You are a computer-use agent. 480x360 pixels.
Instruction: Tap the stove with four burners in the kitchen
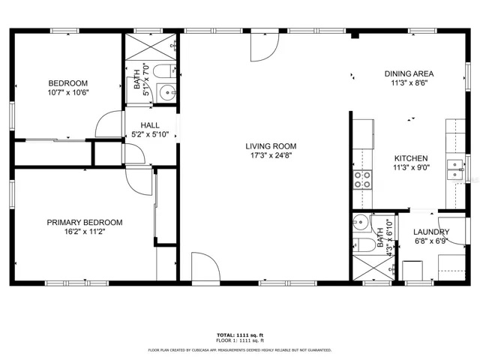[x=362, y=178]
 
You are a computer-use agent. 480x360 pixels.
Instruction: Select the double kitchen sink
[x=454, y=170]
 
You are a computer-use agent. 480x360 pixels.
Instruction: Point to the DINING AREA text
[x=409, y=73]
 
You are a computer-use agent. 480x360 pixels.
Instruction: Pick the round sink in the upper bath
[x=166, y=94]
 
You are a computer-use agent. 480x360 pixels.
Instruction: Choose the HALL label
[x=150, y=126]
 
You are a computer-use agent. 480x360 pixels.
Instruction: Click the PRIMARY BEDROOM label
[x=84, y=222]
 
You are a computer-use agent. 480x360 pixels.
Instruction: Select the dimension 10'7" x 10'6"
[x=68, y=92]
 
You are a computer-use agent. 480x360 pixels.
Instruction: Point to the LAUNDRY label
[x=431, y=232]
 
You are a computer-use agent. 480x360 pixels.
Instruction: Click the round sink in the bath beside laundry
[x=361, y=223]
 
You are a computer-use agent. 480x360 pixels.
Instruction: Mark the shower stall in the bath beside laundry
[x=372, y=268]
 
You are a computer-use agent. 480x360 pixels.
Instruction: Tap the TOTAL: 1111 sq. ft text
[x=240, y=335]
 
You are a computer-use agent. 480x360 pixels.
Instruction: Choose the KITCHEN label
[x=412, y=158]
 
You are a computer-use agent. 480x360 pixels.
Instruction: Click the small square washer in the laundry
[x=413, y=269]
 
